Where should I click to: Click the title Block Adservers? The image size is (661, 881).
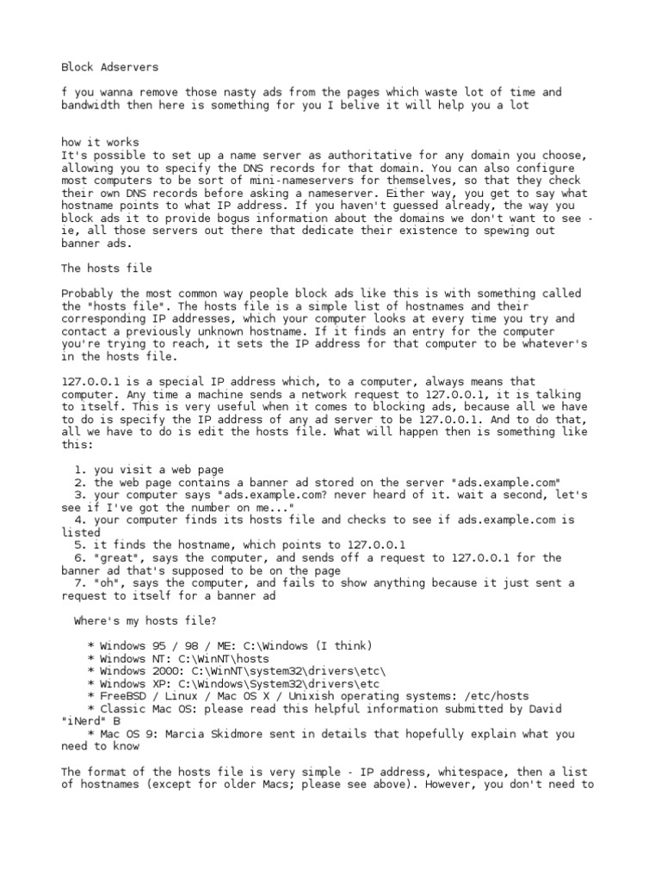(109, 66)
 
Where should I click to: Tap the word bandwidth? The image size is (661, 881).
(91, 104)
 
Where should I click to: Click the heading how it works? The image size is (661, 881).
(100, 142)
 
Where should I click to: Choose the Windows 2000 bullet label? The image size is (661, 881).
(140, 671)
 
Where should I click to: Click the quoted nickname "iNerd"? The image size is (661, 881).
(84, 721)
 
